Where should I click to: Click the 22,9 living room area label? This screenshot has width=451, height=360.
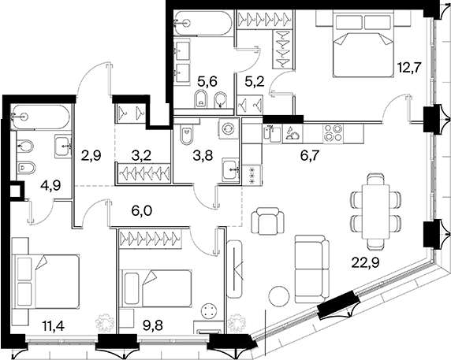(366, 262)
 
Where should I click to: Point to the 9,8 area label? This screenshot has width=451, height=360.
(153, 326)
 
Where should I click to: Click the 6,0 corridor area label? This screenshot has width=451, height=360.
(141, 212)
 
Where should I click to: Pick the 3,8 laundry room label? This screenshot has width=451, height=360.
(203, 156)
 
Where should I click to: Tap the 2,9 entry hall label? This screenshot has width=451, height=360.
(91, 156)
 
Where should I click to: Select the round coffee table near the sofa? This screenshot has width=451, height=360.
(280, 296)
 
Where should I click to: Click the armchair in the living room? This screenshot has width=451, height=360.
(267, 221)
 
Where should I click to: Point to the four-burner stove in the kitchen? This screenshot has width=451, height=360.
(333, 134)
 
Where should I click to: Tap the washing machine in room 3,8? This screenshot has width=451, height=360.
(229, 128)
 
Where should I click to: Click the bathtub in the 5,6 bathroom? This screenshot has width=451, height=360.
(203, 24)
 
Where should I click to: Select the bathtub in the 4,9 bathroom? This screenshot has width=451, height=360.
(40, 117)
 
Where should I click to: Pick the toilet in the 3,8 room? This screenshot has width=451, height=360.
(187, 133)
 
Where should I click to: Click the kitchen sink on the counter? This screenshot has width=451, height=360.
(272, 134)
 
